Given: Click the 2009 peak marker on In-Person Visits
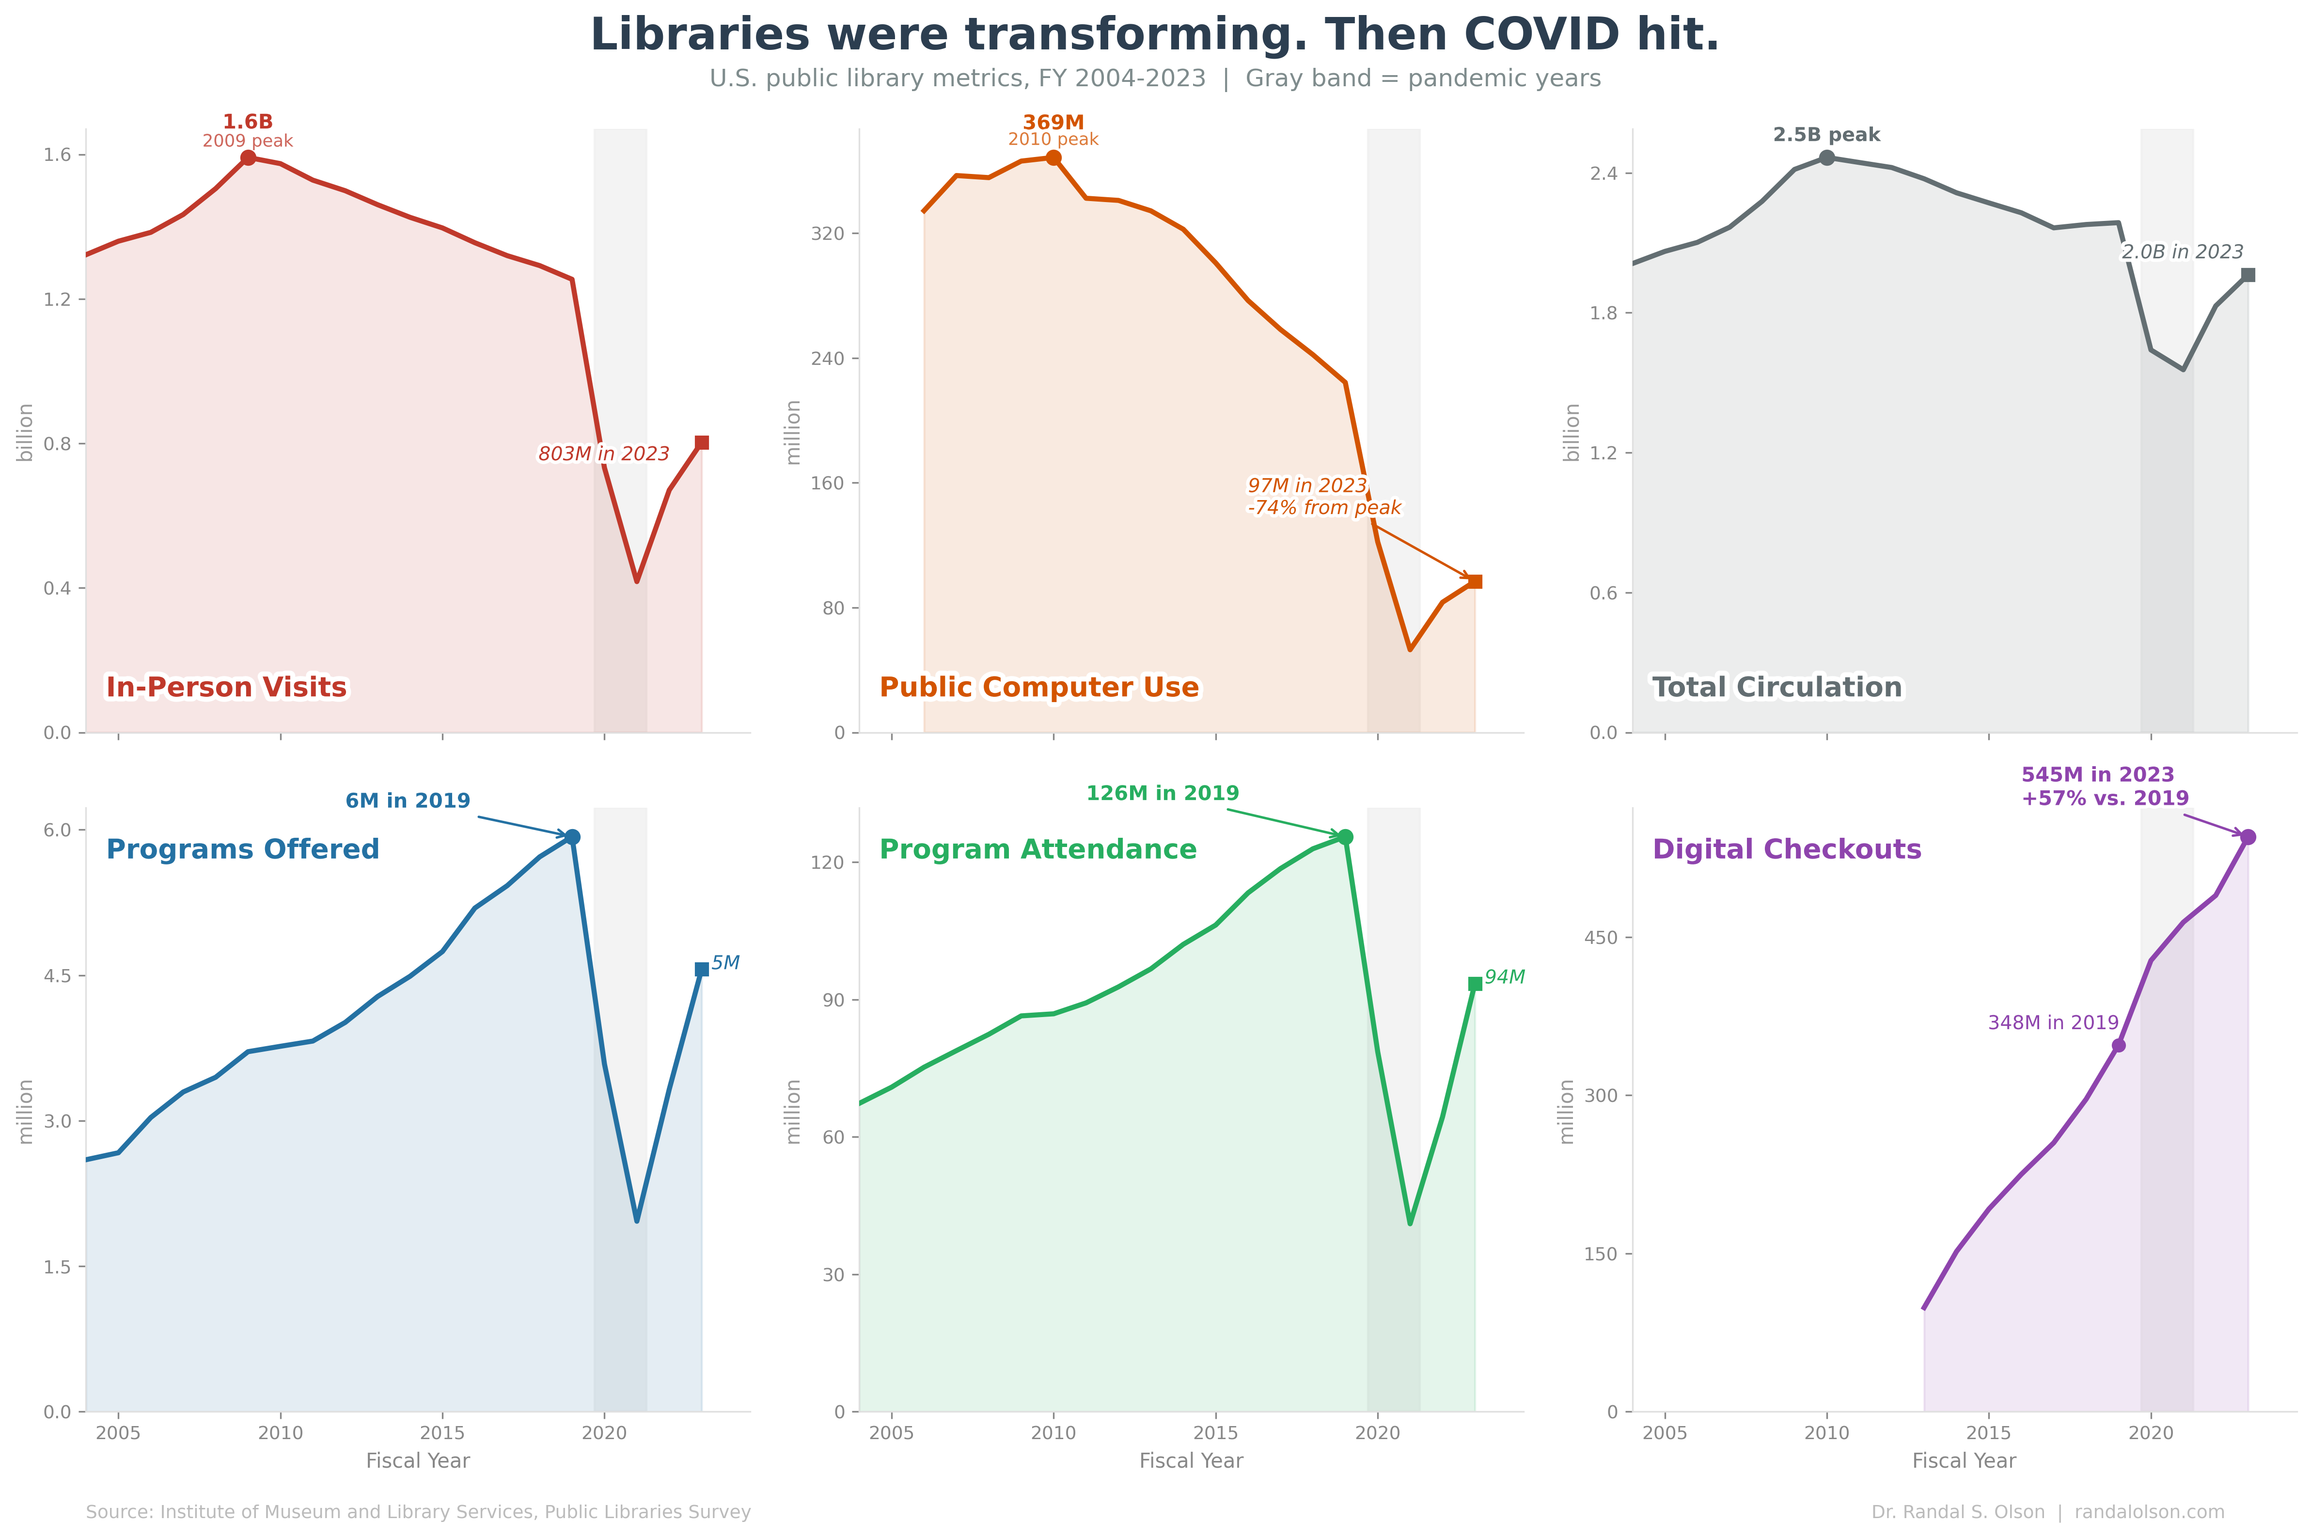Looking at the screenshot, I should coord(248,158).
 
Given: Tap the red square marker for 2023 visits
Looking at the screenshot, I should coord(702,443).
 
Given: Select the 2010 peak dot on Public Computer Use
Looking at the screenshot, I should coord(1053,158).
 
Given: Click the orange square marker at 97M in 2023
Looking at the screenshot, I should coord(1475,581).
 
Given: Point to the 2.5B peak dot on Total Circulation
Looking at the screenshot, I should coord(1827,158).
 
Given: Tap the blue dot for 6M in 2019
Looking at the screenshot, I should coord(572,837).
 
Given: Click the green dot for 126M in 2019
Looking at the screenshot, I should coord(1346,837).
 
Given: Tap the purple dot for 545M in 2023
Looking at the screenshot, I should coord(2248,837).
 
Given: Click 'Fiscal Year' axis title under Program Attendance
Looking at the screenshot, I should coord(1191,1460).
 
